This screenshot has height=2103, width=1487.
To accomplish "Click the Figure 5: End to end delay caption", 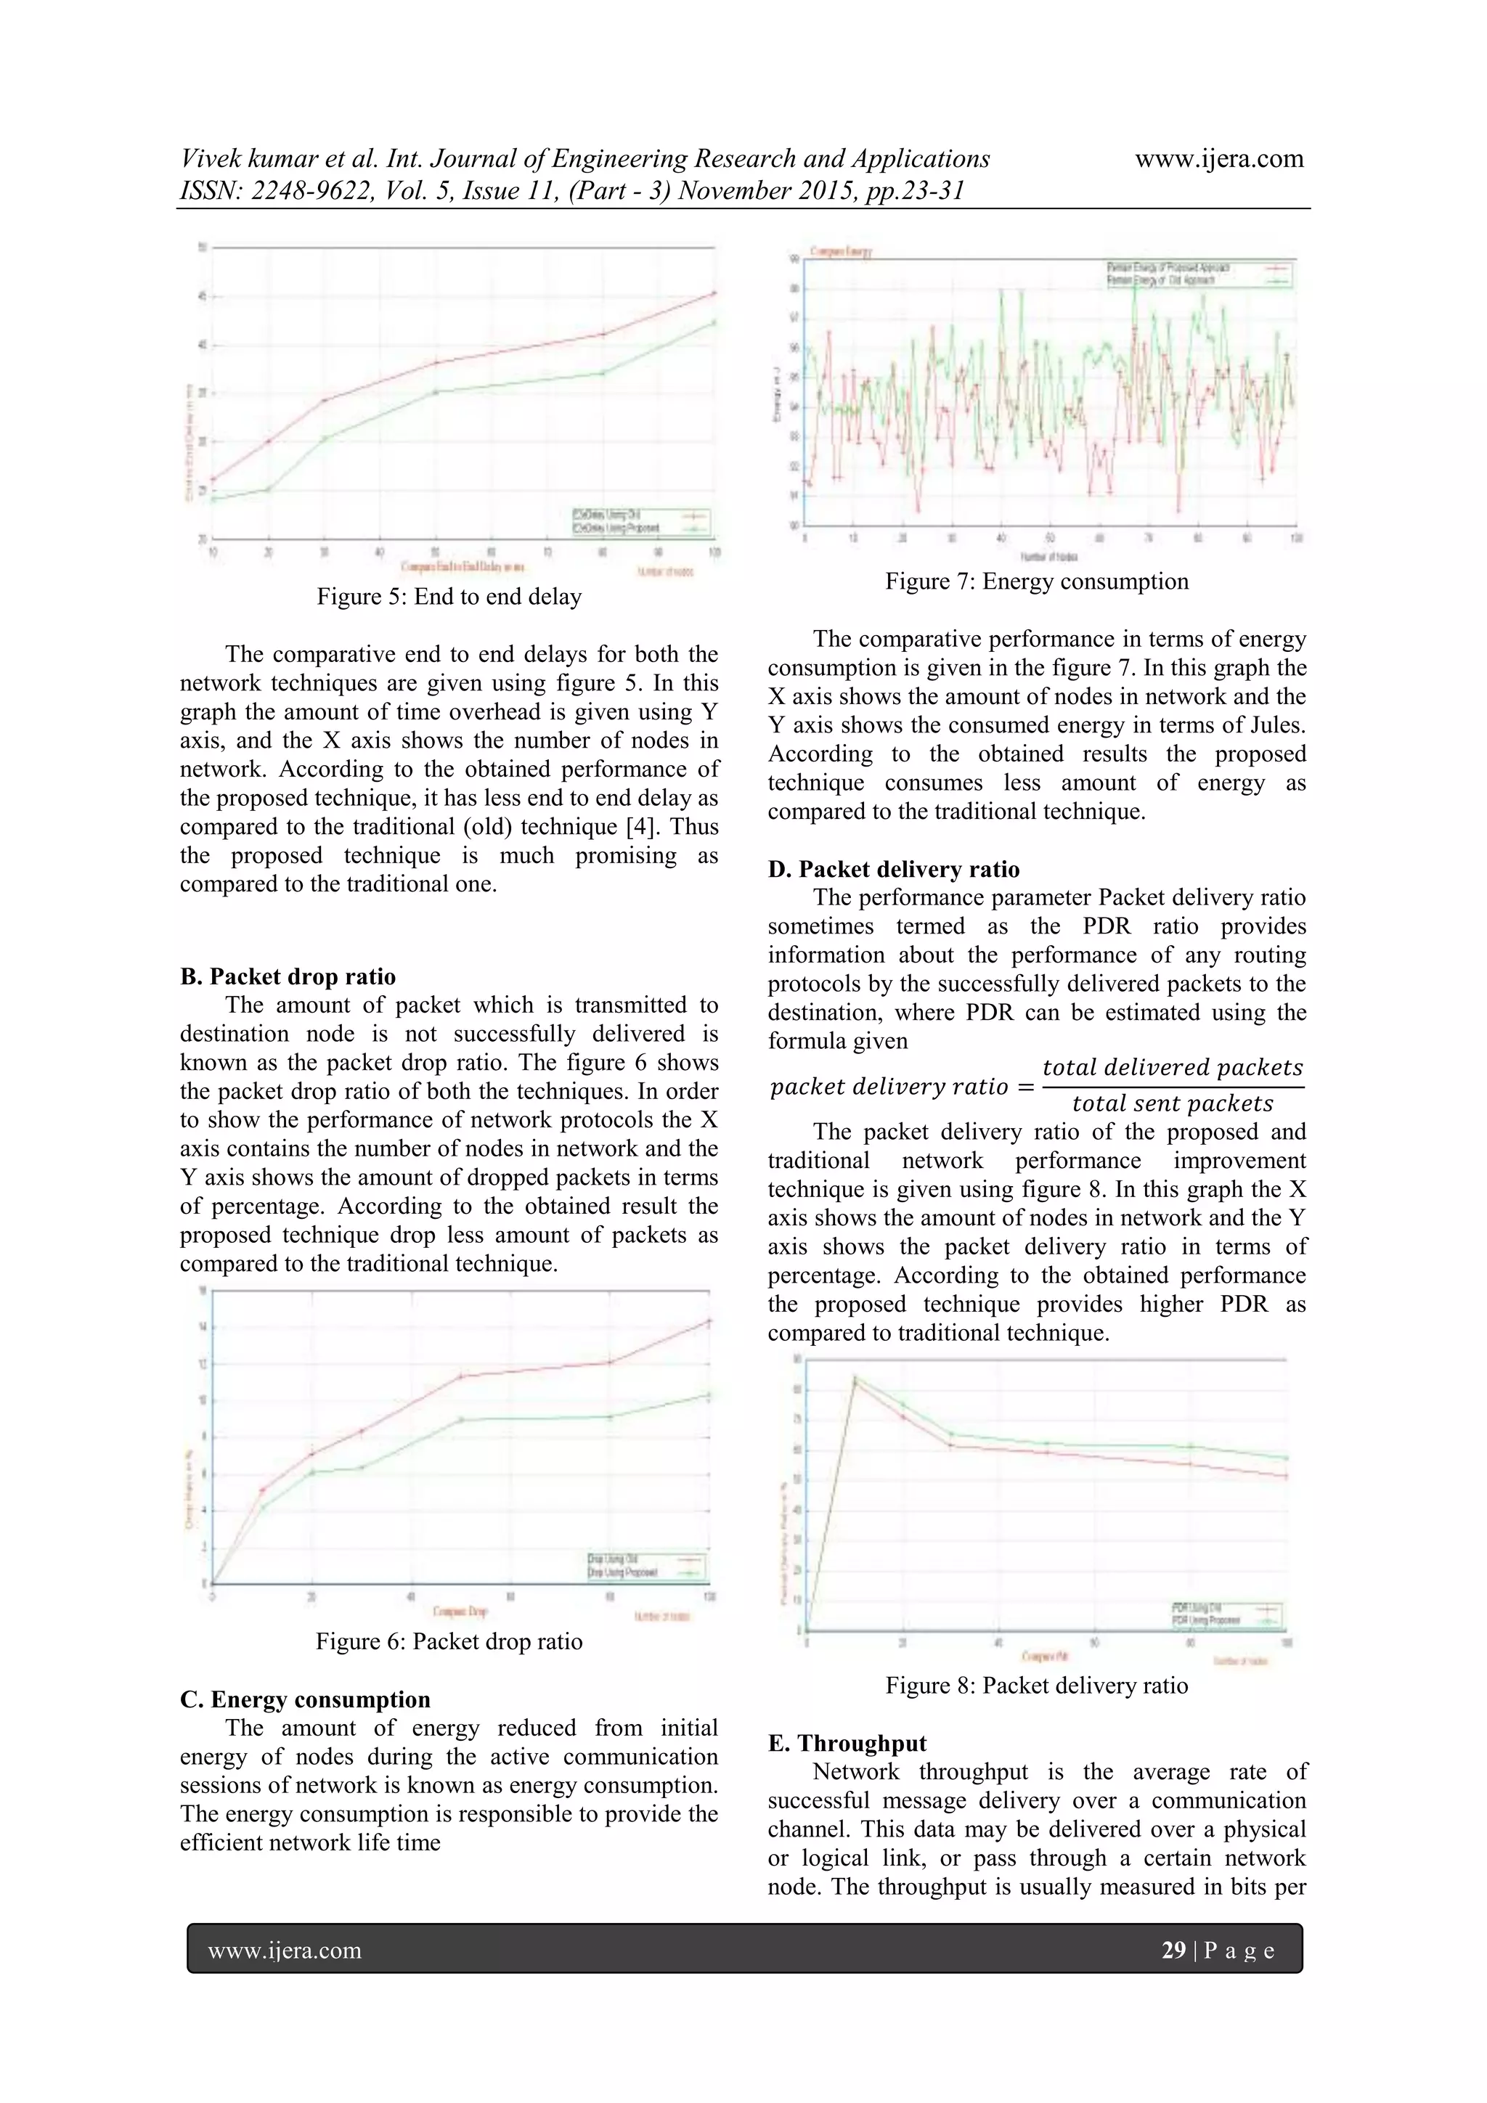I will point(449,597).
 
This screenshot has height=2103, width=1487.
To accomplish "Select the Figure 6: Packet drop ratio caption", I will point(449,1641).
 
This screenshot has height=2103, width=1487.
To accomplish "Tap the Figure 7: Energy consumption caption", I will point(1036,581).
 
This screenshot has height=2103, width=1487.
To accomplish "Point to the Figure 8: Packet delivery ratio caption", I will point(1036,1686).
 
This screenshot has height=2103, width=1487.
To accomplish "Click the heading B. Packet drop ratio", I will point(288,976).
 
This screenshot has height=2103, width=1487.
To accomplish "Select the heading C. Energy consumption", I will point(305,1699).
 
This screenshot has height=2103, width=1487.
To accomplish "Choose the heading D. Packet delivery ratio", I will point(893,869).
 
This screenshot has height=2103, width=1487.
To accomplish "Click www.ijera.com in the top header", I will point(1218,160).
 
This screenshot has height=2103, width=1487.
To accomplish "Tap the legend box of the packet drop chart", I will point(647,1567).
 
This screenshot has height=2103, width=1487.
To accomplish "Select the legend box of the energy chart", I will point(1199,274).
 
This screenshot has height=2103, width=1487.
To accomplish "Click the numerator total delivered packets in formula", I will point(1172,1068).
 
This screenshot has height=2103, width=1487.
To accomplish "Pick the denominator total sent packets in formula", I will point(1172,1103).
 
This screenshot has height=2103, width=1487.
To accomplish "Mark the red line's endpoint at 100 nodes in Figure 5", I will point(714,293).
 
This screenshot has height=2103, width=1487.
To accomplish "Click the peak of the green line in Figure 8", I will point(855,1376).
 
